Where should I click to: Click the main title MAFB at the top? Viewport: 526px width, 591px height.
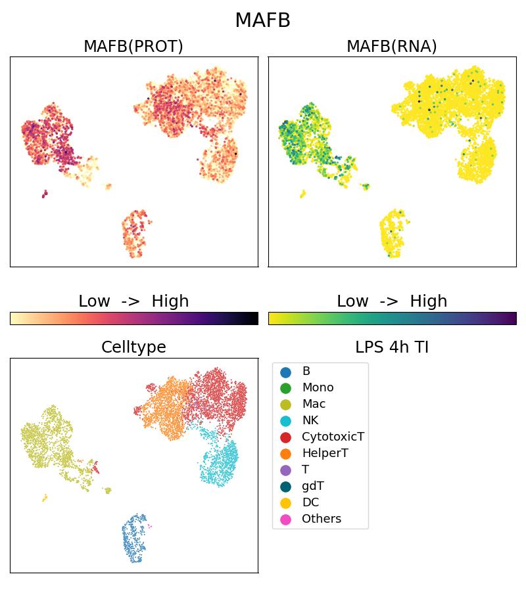coord(262,20)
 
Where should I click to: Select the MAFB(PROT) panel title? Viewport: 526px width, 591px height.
coord(133,47)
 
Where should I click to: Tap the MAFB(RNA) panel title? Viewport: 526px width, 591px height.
coord(392,47)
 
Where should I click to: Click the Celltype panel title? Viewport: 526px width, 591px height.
coord(133,347)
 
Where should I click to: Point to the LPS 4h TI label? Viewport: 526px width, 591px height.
coord(392,347)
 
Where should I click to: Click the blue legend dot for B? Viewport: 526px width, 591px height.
coord(285,372)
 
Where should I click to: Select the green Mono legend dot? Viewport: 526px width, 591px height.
coord(285,388)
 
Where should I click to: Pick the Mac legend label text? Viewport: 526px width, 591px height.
coord(314,404)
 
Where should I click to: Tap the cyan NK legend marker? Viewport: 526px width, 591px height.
coord(285,421)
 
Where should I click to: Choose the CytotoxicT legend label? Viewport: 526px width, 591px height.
coord(333,437)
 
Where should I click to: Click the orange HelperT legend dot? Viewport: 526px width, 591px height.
coord(285,454)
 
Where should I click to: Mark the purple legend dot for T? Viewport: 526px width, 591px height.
coord(285,470)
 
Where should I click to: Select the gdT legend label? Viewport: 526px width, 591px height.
coord(313,486)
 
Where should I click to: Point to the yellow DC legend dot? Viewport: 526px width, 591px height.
coord(285,503)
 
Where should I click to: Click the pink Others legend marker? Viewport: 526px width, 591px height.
coord(285,519)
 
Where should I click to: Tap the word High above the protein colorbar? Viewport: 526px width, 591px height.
coord(170,301)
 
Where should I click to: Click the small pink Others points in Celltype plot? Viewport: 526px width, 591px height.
coord(150,526)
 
